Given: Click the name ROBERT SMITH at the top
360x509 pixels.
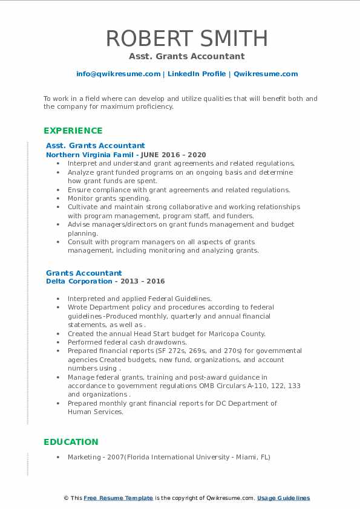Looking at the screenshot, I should pyautogui.click(x=186, y=38).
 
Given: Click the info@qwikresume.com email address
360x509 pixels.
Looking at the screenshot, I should pyautogui.click(x=118, y=74).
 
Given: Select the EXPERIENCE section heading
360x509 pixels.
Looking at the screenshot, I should pyautogui.click(x=73, y=131).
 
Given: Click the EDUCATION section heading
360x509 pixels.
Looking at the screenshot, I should pyautogui.click(x=71, y=442).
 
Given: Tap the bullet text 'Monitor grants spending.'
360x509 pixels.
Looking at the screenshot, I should pyautogui.click(x=109, y=198).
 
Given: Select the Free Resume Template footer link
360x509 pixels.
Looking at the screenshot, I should pyautogui.click(x=118, y=498).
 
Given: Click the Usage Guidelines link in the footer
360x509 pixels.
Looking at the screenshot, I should pyautogui.click(x=283, y=498).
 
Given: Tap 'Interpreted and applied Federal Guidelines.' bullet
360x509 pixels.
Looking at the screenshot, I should pyautogui.click(x=139, y=299).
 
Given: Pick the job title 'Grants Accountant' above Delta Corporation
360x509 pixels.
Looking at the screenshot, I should pyautogui.click(x=83, y=273).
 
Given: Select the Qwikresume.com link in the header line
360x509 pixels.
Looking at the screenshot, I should pyautogui.click(x=266, y=74).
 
